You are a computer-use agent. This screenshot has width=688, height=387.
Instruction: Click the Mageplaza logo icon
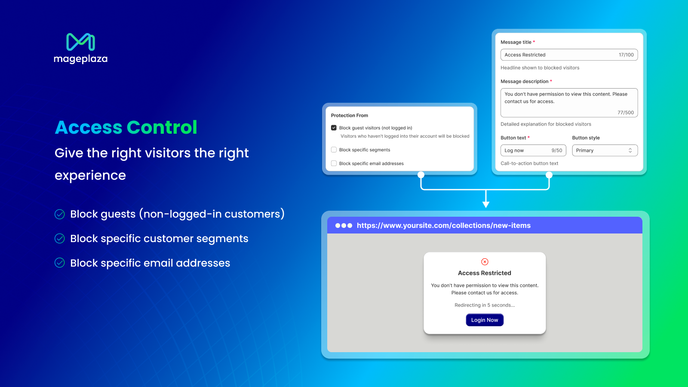(x=80, y=42)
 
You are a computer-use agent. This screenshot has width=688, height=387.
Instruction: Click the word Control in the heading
(x=162, y=127)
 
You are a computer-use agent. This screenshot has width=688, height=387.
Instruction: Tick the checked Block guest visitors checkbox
(x=334, y=128)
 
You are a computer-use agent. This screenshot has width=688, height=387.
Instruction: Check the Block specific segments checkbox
(x=334, y=150)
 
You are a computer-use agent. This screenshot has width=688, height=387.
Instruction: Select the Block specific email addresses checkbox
(x=334, y=163)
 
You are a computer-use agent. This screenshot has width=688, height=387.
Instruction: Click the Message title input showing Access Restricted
(x=569, y=55)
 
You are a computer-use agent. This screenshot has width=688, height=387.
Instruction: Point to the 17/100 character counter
(x=626, y=55)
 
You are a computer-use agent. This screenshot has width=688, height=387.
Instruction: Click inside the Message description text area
(x=569, y=103)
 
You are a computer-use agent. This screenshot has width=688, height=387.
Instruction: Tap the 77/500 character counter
(x=626, y=112)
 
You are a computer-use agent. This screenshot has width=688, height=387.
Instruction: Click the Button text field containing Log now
(x=533, y=150)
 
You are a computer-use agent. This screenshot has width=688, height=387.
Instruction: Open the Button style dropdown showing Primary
(x=605, y=150)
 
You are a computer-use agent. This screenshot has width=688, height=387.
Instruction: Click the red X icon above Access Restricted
(x=485, y=262)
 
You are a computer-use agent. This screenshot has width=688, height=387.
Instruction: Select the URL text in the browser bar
(x=443, y=225)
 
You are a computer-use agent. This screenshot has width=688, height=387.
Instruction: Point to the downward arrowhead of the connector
(x=486, y=205)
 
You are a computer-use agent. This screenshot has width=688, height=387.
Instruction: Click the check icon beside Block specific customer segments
(x=60, y=238)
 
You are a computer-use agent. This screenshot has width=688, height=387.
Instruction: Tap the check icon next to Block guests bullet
(x=60, y=214)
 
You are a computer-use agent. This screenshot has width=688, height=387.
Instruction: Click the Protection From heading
(x=349, y=116)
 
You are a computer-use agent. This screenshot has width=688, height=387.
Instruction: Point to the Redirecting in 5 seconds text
(x=485, y=305)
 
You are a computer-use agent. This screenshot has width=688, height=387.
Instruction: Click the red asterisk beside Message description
(x=551, y=81)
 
